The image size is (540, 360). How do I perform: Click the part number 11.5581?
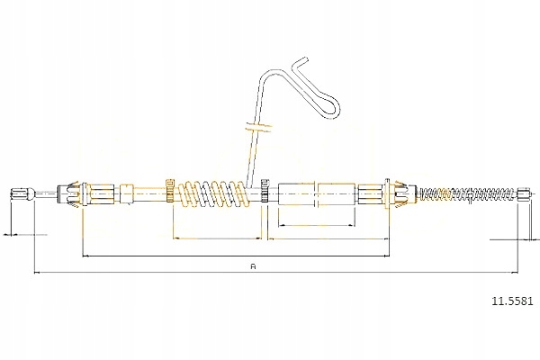pyautogui.click(x=512, y=301)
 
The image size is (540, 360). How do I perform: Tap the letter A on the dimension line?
pyautogui.click(x=254, y=266)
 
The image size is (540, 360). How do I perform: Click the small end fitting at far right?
pyautogui.click(x=523, y=193)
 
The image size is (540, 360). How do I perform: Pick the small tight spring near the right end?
pyautogui.click(x=469, y=193)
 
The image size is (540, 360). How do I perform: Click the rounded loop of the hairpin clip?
pyautogui.click(x=329, y=107)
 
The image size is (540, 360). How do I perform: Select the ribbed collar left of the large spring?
pyautogui.click(x=170, y=191)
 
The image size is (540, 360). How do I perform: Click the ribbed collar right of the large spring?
pyautogui.click(x=265, y=191)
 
